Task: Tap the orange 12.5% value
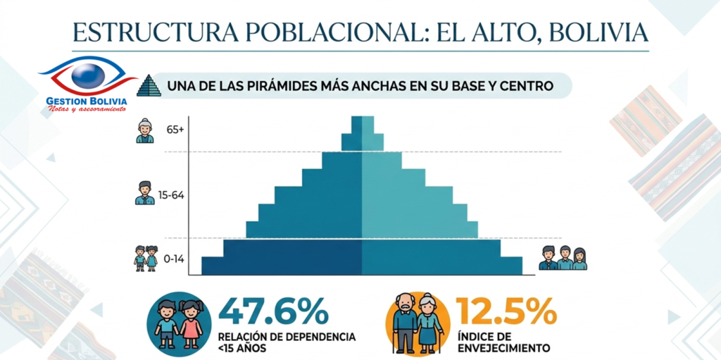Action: click(x=506, y=311)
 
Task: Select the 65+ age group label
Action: click(x=175, y=130)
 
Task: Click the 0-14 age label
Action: click(x=174, y=259)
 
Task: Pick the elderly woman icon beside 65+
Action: click(x=145, y=130)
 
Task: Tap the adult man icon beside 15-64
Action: click(x=144, y=193)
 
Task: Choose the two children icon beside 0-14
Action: click(x=146, y=258)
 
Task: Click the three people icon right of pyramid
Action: click(x=563, y=258)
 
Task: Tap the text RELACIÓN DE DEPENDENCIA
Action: click(x=287, y=336)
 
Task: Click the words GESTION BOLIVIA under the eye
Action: click(x=87, y=101)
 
